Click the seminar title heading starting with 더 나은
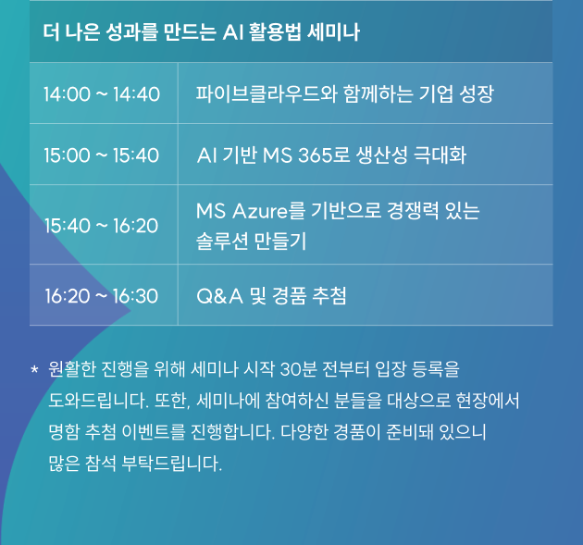[201, 32]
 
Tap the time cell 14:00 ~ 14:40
[102, 94]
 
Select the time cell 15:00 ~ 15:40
[102, 155]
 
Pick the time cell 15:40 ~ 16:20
[102, 226]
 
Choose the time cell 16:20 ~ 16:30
[102, 296]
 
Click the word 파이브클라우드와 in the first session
[267, 93]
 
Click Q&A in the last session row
[219, 296]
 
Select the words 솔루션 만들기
[252, 242]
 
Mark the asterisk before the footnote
[34, 370]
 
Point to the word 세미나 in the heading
[333, 32]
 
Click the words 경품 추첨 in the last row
[309, 296]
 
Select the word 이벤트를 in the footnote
[154, 432]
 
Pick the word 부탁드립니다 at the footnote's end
[172, 464]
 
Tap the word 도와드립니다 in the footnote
[99, 401]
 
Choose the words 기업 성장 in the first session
[456, 93]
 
